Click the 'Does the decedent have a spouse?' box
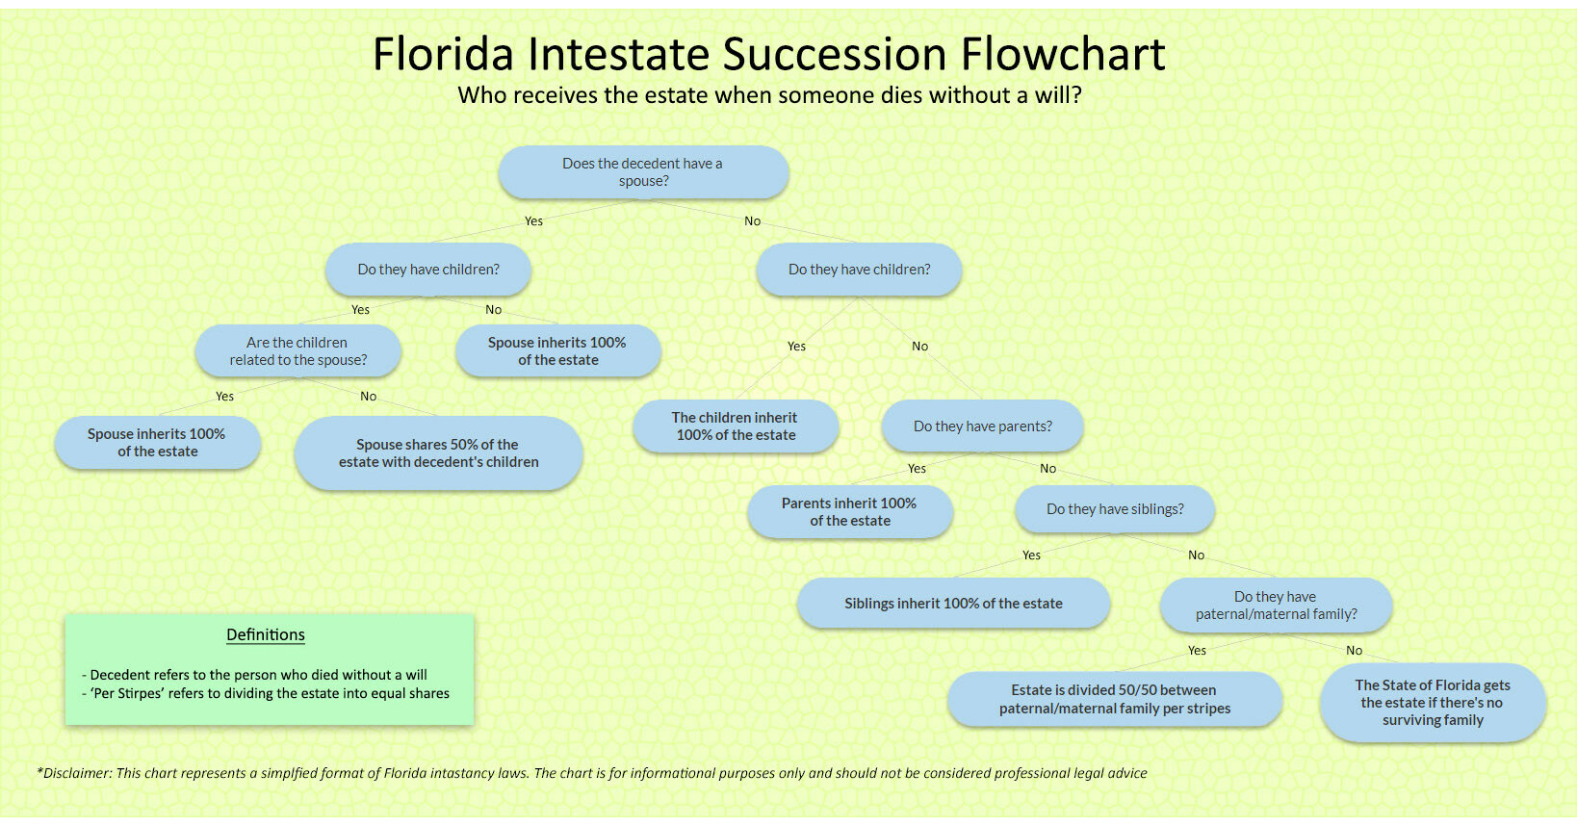tap(643, 172)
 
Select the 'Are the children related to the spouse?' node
tap(297, 351)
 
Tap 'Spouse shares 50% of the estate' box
tap(438, 453)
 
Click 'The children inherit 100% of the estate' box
tap(735, 426)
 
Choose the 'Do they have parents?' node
tap(982, 426)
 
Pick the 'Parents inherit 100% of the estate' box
tap(849, 512)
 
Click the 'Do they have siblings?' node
tap(1115, 509)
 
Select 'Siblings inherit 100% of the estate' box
tap(953, 604)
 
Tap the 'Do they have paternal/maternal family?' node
tap(1276, 606)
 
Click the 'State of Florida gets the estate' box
tap(1433, 703)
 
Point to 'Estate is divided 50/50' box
tap(1114, 699)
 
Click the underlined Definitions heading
tap(266, 635)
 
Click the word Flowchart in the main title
tap(1063, 55)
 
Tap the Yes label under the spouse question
tap(533, 221)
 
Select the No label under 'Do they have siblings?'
tap(1196, 555)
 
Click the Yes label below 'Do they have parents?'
tap(917, 469)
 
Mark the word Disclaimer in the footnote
tap(76, 773)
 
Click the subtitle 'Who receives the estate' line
tap(769, 95)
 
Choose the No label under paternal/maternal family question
tap(1354, 651)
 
